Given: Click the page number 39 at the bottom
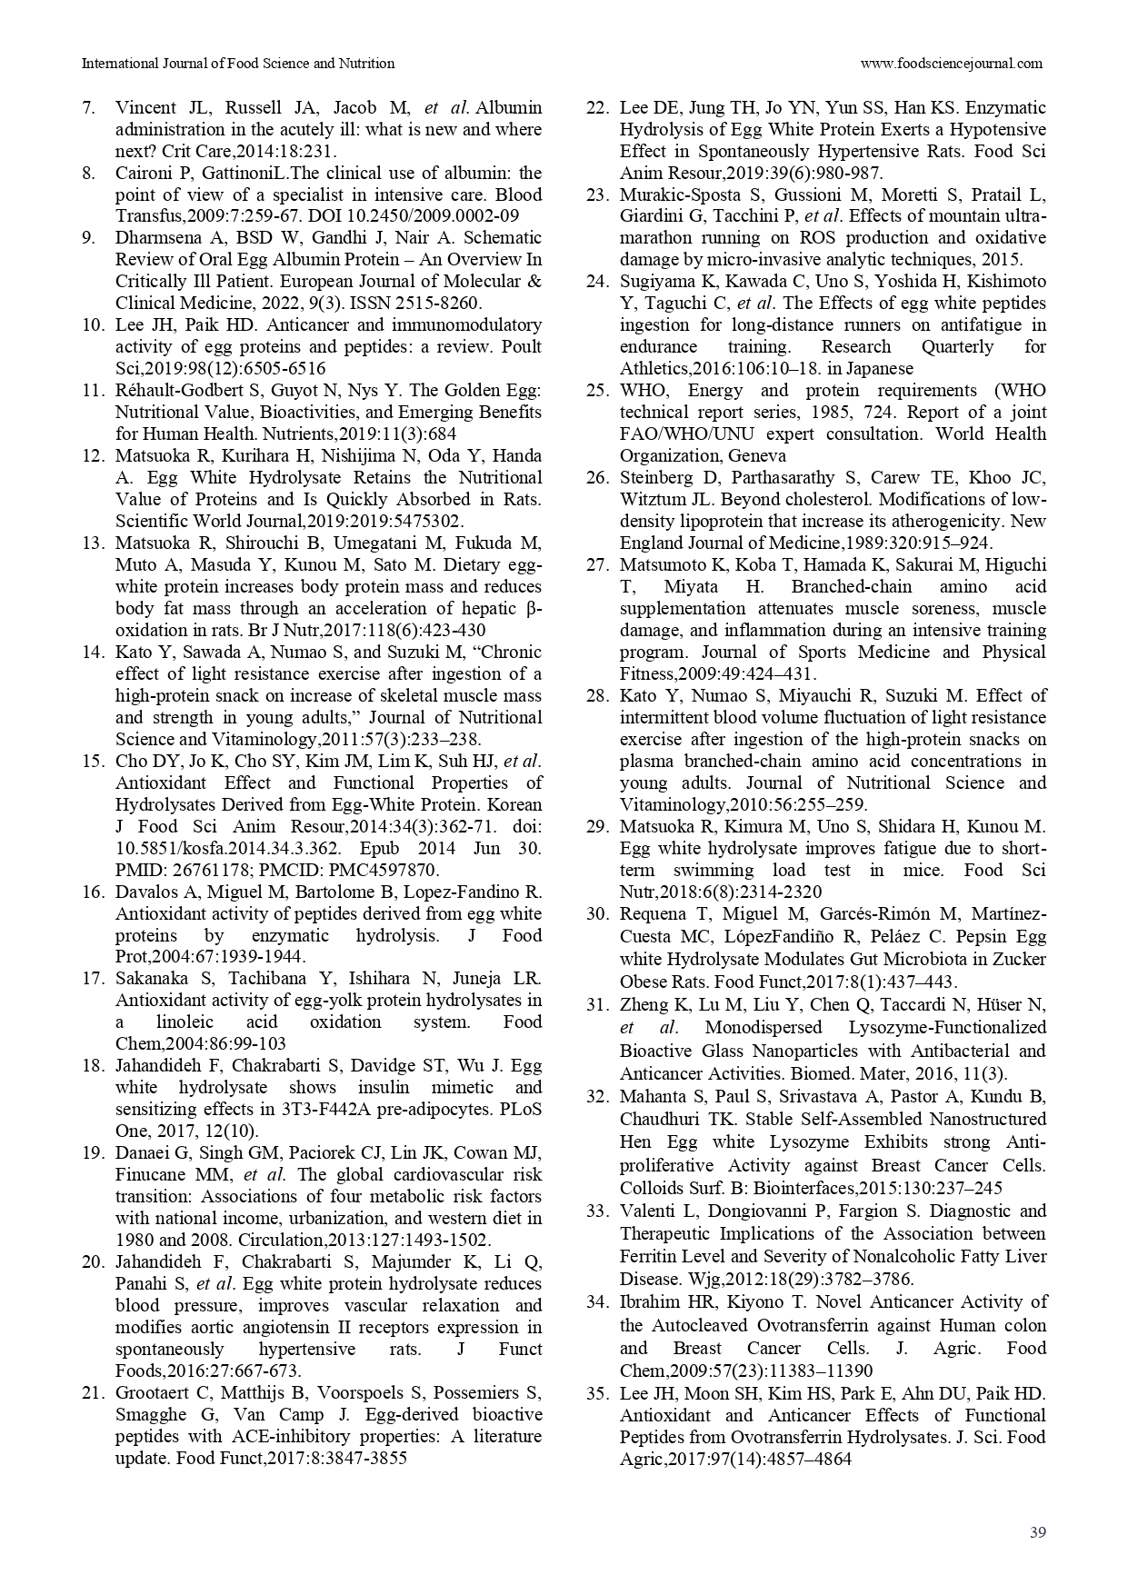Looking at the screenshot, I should coord(1038,1532).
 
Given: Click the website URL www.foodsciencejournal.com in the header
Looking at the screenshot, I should coord(951,64).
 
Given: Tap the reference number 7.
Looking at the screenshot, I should coord(88,107).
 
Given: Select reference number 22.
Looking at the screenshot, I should coord(596,107).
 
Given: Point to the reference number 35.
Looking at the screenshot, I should coord(596,1393).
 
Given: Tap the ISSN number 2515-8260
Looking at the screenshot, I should coord(443,304).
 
